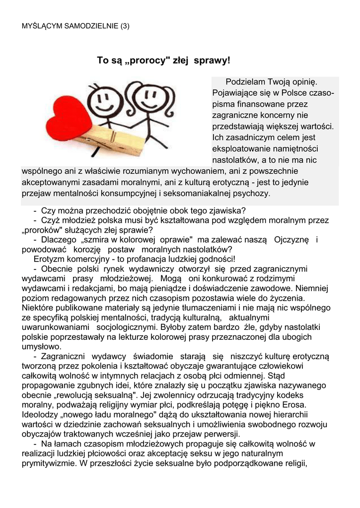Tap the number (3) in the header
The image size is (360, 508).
tap(124, 26)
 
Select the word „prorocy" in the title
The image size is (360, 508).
tap(144, 61)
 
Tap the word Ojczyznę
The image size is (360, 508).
tap(291, 240)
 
